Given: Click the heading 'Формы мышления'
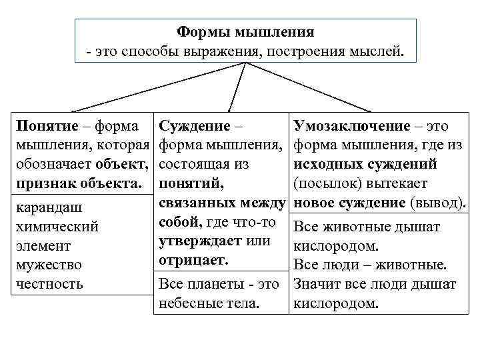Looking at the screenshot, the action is pos(245,32).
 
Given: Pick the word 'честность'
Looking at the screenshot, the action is pos(49,284).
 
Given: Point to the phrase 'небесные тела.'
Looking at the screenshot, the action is pos(209,303).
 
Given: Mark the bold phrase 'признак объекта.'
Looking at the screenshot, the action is pos(79,183).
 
